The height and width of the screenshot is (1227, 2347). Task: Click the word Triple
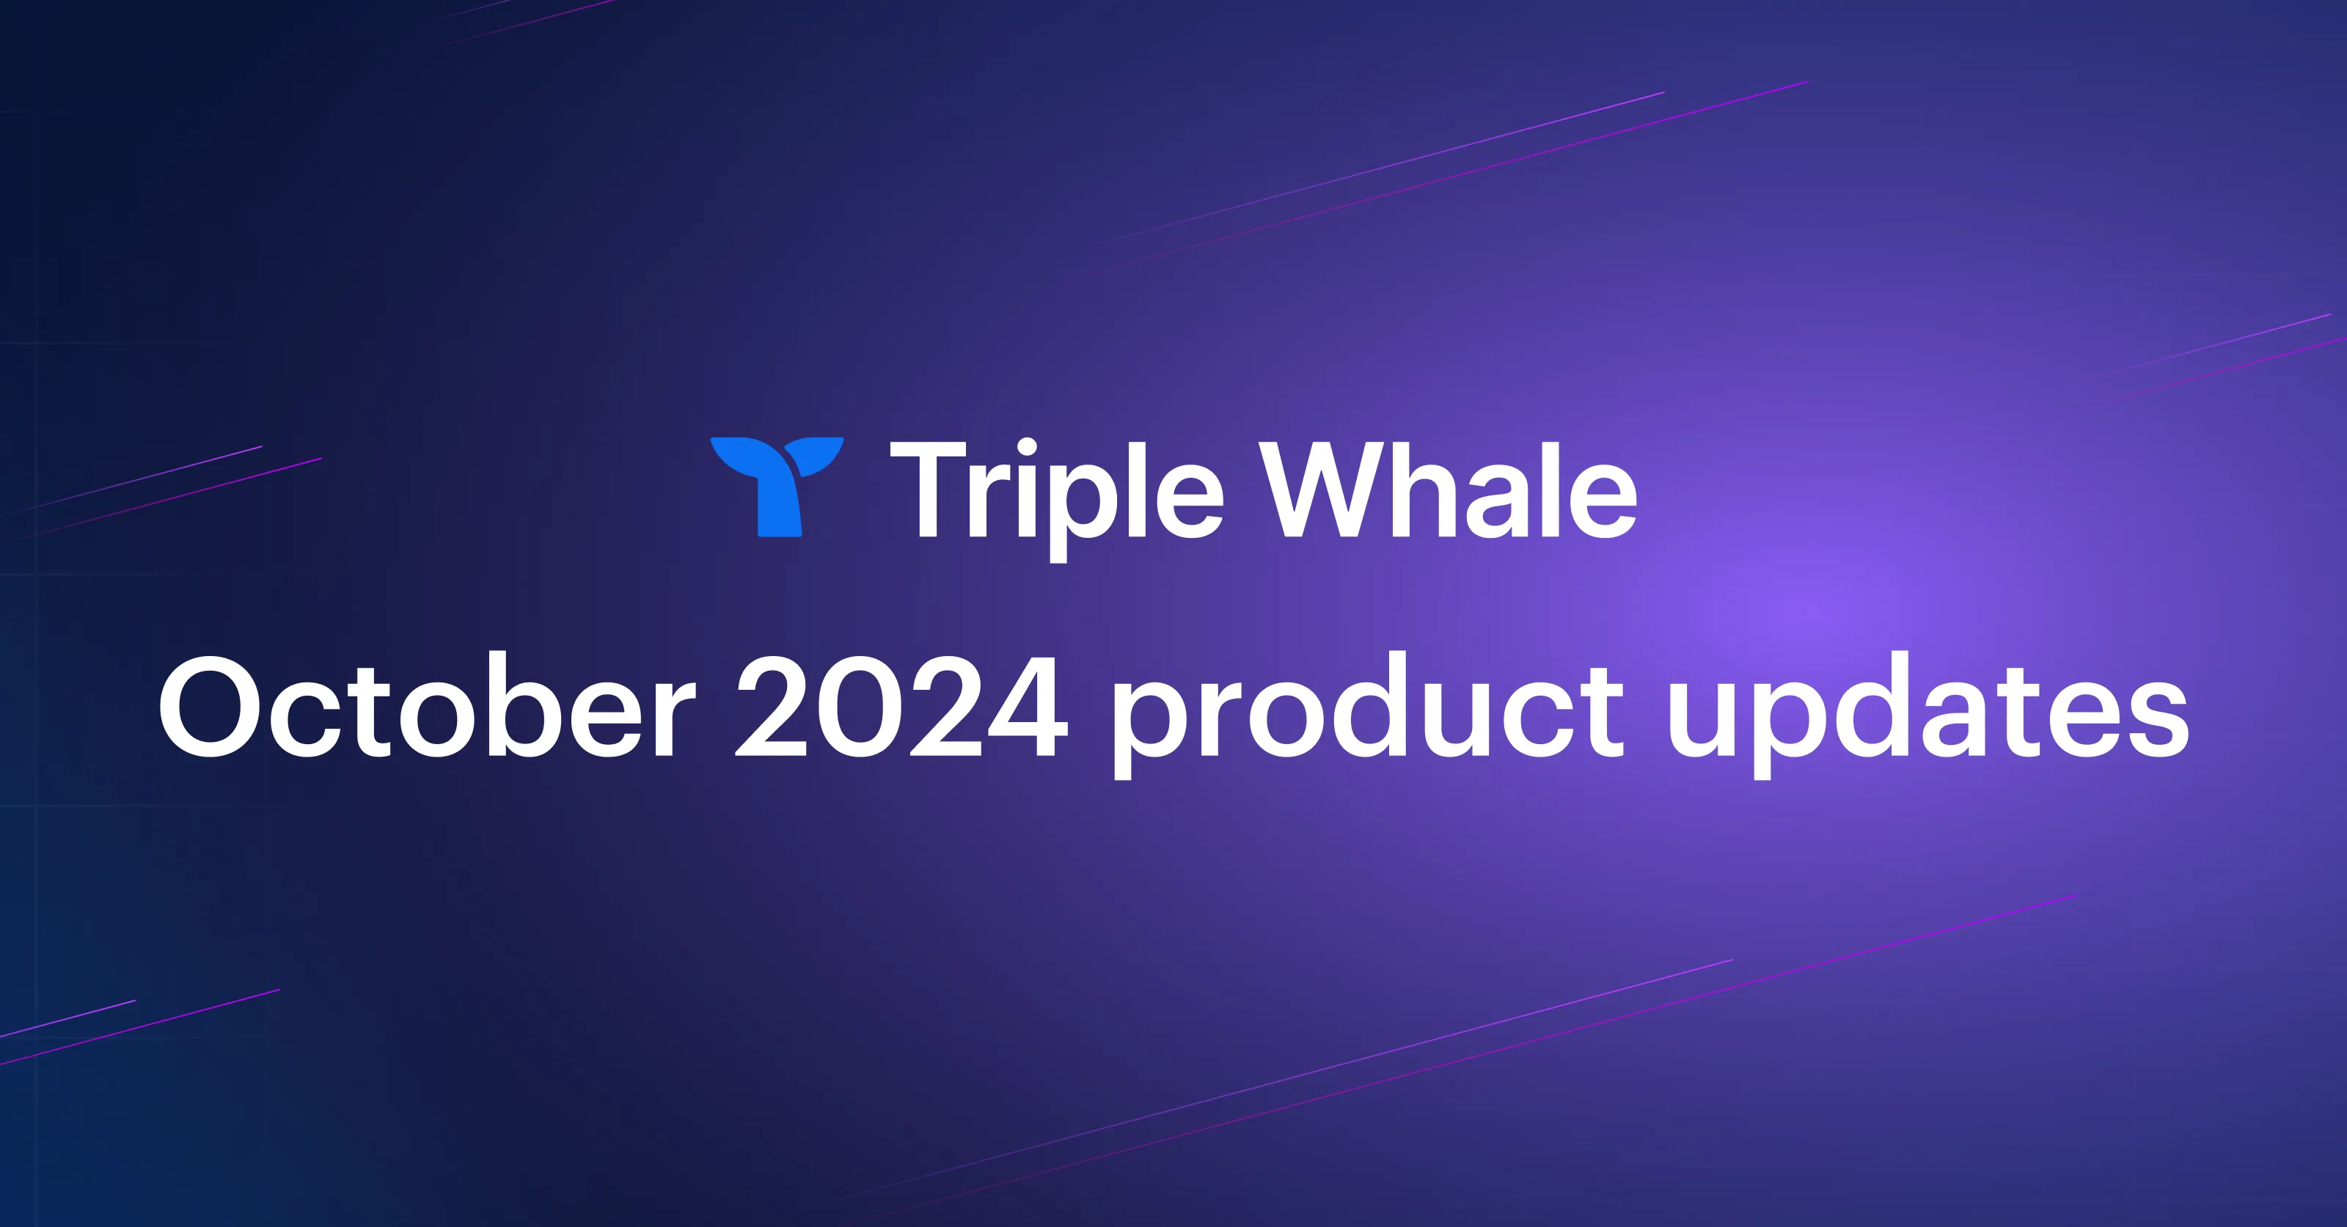(1056, 492)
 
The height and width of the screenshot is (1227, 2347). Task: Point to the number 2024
(900, 707)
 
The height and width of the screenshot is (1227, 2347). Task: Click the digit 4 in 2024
(1023, 707)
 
